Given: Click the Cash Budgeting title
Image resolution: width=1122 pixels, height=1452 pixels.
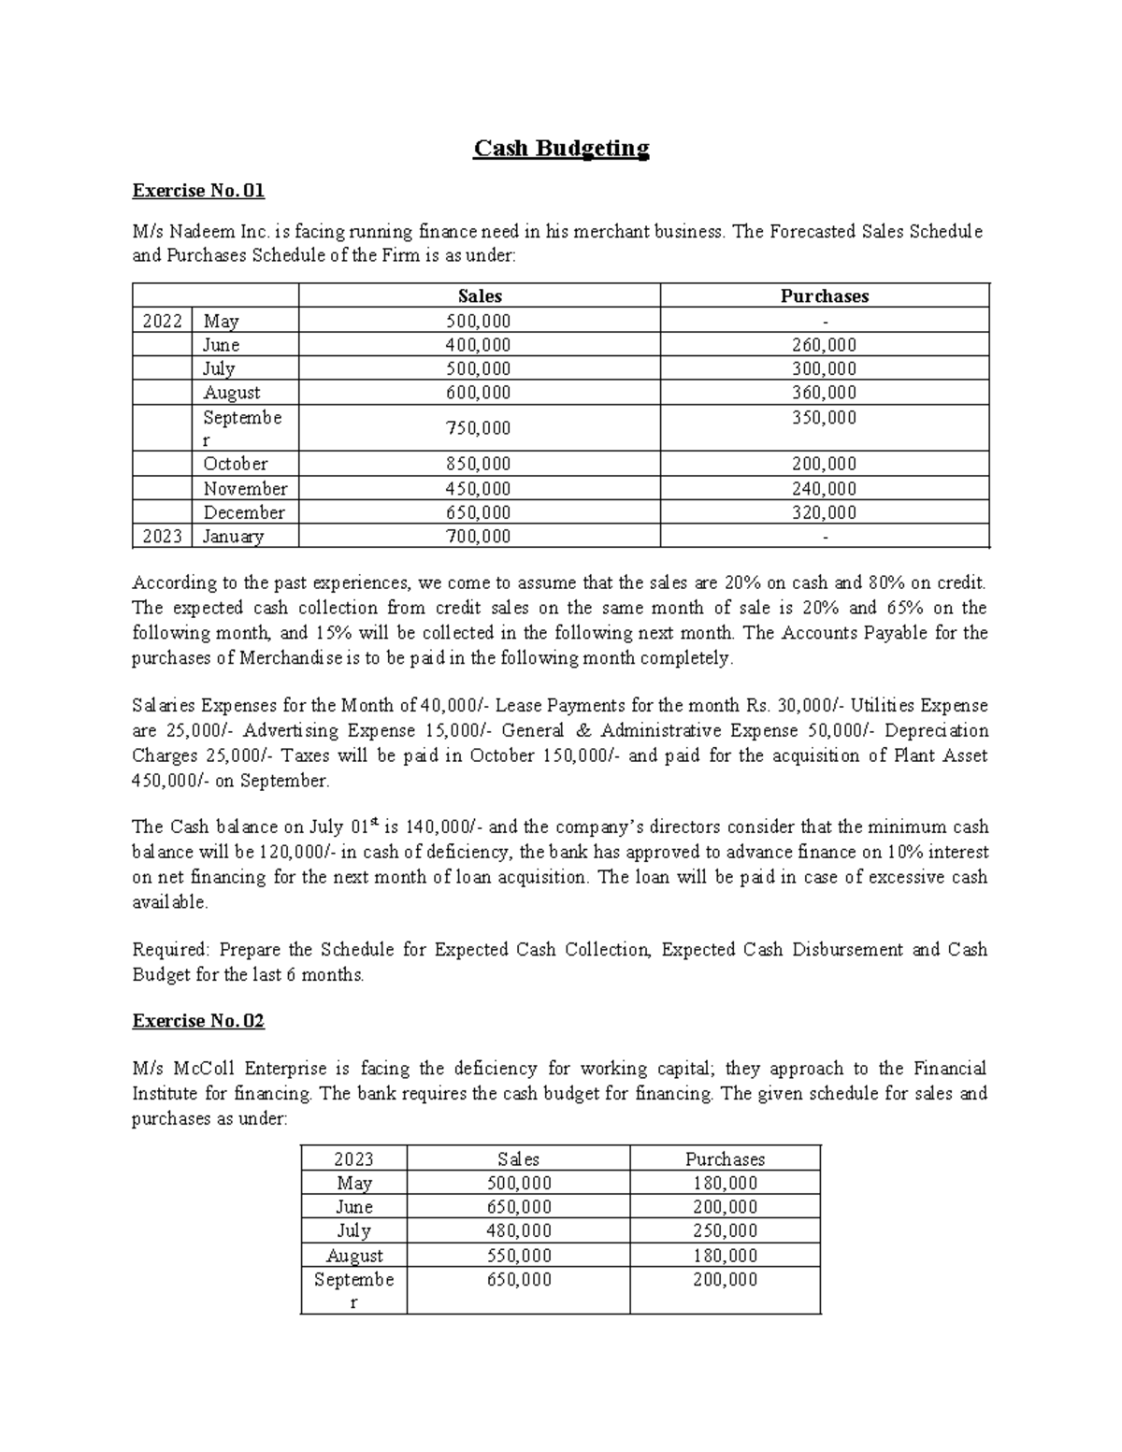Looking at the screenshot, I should pyautogui.click(x=561, y=149).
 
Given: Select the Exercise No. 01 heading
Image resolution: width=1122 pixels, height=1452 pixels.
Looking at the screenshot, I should pyautogui.click(x=198, y=192).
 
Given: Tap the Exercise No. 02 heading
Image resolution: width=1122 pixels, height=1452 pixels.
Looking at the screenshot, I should pyautogui.click(x=198, y=1021).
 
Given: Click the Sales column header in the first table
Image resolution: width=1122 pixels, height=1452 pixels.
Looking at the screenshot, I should pyautogui.click(x=480, y=296).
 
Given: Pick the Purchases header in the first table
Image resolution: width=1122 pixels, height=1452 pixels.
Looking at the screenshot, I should pyautogui.click(x=824, y=296).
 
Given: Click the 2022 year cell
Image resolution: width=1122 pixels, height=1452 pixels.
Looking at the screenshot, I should pyautogui.click(x=162, y=322).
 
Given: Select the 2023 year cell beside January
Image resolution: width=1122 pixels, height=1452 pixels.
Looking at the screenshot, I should pyautogui.click(x=162, y=537).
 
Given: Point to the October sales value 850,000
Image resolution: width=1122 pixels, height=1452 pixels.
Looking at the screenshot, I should pyautogui.click(x=479, y=465).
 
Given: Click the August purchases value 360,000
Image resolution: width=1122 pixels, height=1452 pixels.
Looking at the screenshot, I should pyautogui.click(x=824, y=394).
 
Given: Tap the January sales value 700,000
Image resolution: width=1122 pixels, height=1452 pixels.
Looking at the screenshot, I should pyautogui.click(x=479, y=537).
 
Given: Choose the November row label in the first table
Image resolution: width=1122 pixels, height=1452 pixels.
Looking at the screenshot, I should pyautogui.click(x=245, y=489).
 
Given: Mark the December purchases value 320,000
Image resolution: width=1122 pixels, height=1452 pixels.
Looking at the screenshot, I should pyautogui.click(x=824, y=512).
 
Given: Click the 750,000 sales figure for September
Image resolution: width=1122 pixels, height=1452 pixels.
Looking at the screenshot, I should pyautogui.click(x=479, y=428).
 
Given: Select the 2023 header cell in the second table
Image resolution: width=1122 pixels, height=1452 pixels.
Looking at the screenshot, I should pyautogui.click(x=353, y=1159).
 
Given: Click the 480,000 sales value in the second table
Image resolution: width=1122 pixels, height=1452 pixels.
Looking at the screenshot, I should pyautogui.click(x=519, y=1231).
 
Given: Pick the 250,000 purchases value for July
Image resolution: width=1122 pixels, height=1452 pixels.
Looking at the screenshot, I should pyautogui.click(x=725, y=1231).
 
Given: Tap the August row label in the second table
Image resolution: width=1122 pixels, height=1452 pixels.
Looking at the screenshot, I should pyautogui.click(x=354, y=1256).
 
